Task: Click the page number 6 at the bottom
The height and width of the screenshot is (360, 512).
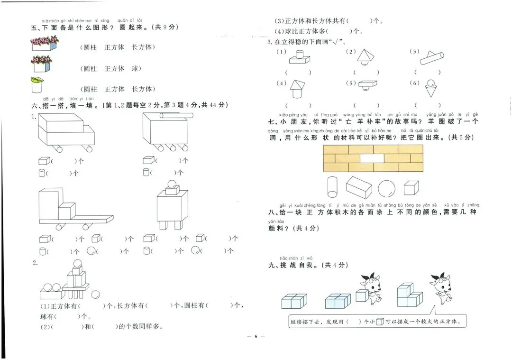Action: pyautogui.click(x=256, y=336)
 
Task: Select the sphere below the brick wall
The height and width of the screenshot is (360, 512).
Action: pyautogui.click(x=386, y=188)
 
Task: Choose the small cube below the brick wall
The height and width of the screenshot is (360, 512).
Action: pyautogui.click(x=411, y=188)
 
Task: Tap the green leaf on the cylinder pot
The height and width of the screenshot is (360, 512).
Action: pyautogui.click(x=36, y=80)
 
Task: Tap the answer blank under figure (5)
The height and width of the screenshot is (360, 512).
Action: pyautogui.click(x=366, y=105)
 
